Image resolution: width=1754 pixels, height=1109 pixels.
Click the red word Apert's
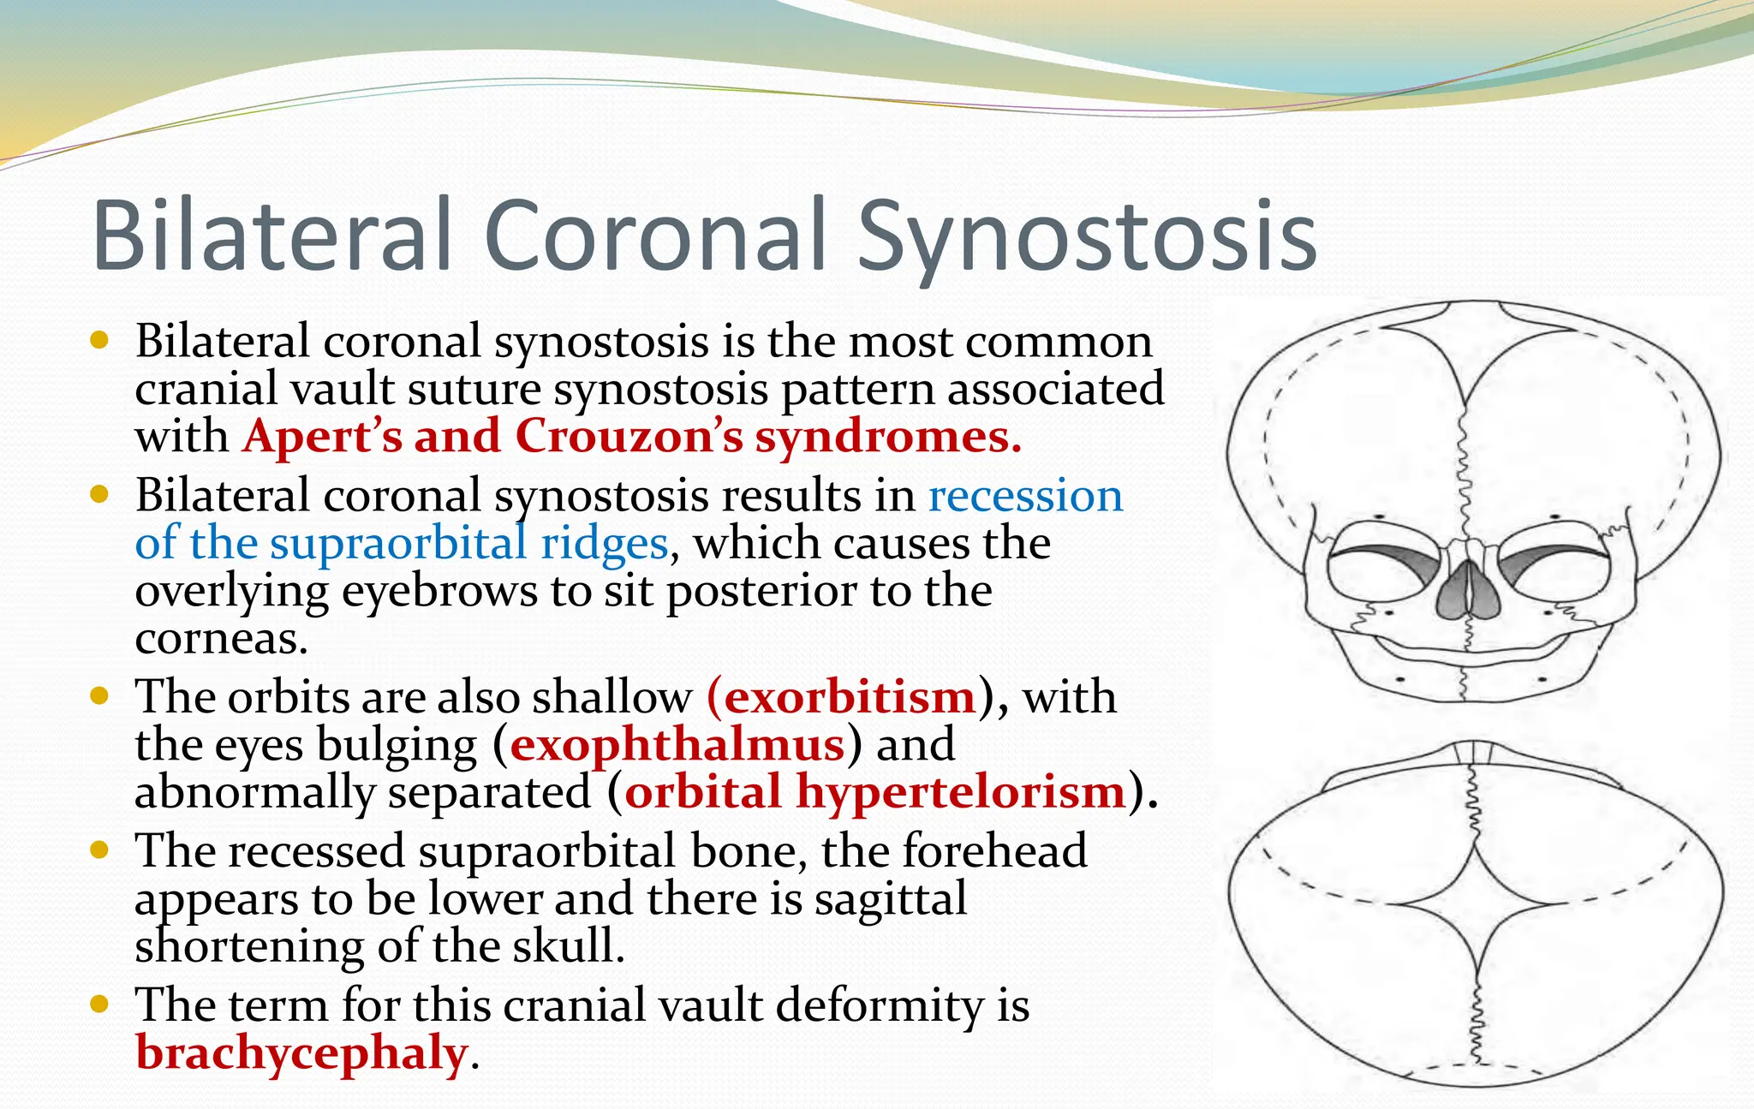322,436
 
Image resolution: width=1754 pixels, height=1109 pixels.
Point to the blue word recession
1025,496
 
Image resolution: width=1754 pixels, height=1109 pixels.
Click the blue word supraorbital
398,544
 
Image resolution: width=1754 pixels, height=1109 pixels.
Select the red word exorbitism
850,696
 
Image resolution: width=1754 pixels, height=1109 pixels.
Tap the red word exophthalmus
677,744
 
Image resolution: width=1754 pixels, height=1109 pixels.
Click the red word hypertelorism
960,791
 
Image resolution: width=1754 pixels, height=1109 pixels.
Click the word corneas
220,639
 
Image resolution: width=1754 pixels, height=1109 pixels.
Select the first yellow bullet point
99,340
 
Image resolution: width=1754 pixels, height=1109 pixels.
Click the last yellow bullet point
99,1004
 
